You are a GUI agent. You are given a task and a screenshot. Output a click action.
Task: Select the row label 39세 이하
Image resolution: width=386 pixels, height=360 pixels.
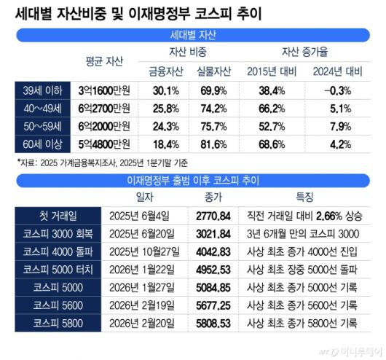pyautogui.click(x=44, y=90)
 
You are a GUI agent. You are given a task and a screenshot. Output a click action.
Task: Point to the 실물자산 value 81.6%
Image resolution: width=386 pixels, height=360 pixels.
pyautogui.click(x=214, y=143)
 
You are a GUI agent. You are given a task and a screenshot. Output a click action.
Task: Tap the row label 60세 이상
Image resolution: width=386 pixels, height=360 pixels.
pyautogui.click(x=44, y=143)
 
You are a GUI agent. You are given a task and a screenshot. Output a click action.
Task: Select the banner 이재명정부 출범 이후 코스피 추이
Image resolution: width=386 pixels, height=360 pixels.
pyautogui.click(x=192, y=177)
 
